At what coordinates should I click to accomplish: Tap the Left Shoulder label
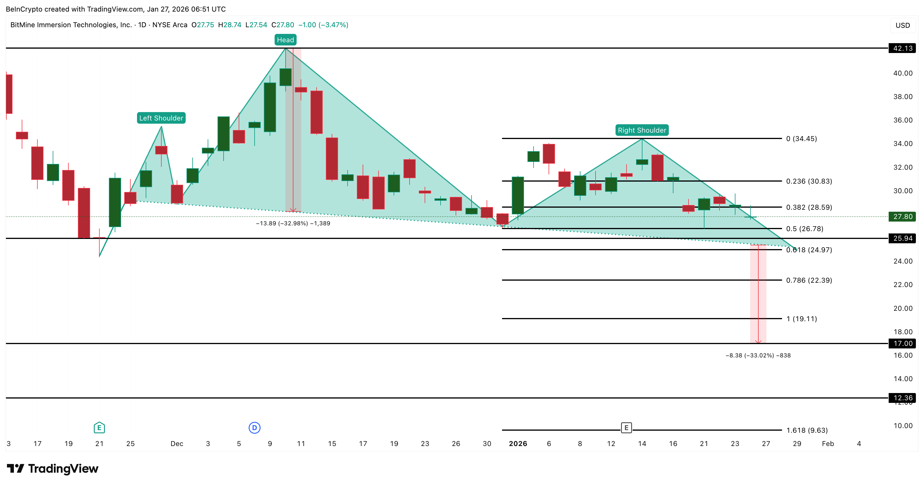(161, 118)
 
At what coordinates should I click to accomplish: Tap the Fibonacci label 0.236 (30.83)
(809, 181)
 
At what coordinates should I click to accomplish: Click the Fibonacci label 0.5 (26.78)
(805, 229)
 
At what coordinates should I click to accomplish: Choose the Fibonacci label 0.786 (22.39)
(809, 280)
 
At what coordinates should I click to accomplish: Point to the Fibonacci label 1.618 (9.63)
(807, 430)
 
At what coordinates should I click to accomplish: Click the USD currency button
(903, 25)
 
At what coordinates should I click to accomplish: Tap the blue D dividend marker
(254, 427)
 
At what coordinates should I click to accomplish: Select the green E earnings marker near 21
(99, 427)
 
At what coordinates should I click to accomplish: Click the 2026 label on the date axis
(518, 444)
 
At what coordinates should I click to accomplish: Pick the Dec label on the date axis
(177, 444)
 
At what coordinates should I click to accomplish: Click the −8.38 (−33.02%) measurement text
(758, 355)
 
